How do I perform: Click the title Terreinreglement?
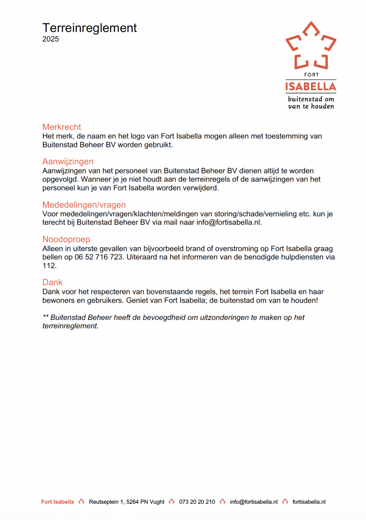click(x=89, y=28)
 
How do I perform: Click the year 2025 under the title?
click(x=51, y=39)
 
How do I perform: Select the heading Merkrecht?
click(x=62, y=127)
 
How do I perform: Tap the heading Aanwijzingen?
click(x=68, y=162)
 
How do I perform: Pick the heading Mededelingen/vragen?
click(x=84, y=205)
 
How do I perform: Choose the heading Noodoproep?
click(x=66, y=239)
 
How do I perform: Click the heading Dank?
click(x=52, y=283)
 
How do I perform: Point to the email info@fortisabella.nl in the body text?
click(x=229, y=223)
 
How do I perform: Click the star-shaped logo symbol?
click(x=311, y=46)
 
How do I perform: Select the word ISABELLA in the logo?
click(x=311, y=87)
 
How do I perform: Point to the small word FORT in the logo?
click(x=311, y=75)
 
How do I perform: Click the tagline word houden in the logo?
click(x=322, y=106)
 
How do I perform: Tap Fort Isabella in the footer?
click(x=58, y=502)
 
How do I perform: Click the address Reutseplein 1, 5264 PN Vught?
click(x=127, y=502)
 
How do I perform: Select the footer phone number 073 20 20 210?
click(x=197, y=502)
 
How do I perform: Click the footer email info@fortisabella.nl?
click(x=254, y=502)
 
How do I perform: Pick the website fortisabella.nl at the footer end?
click(x=309, y=502)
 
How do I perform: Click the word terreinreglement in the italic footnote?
click(x=70, y=326)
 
